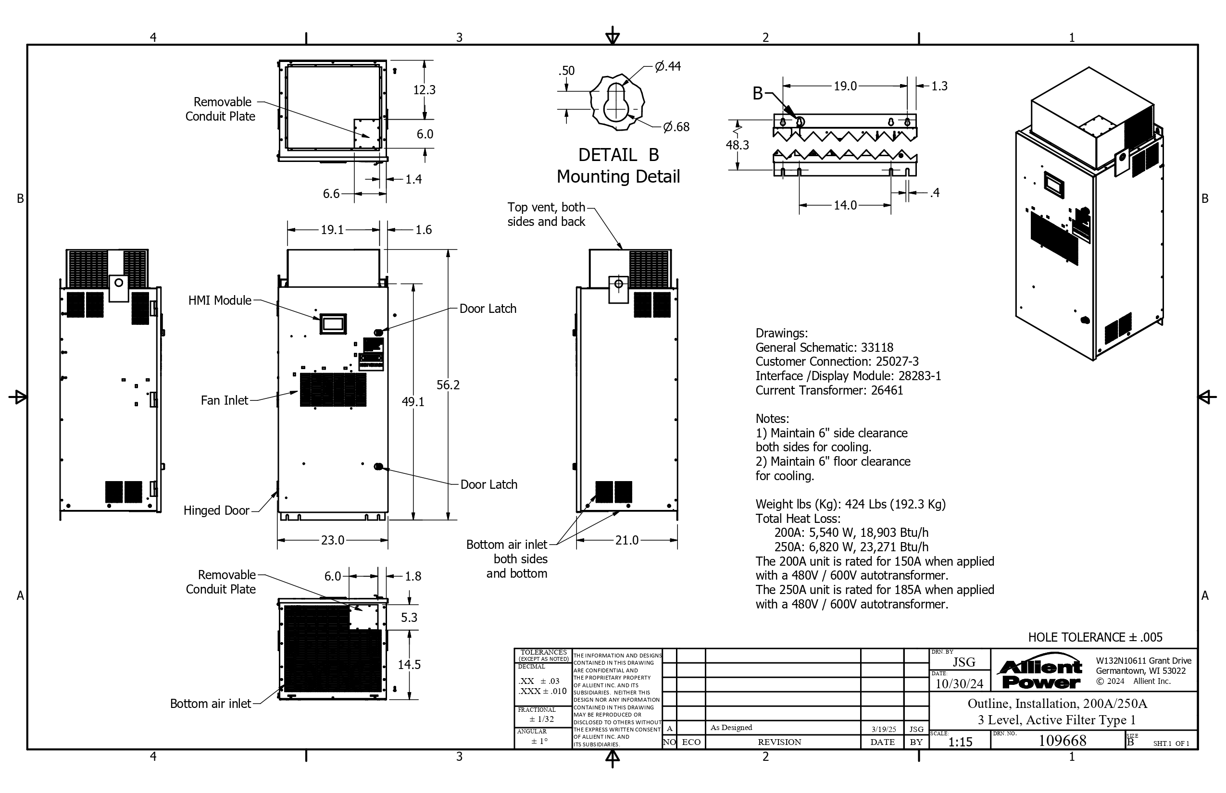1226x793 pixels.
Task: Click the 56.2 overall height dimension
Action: [448, 384]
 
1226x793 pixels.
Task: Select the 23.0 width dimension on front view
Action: [333, 540]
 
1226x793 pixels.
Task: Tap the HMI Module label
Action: [220, 300]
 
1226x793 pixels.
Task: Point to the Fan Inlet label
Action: [225, 400]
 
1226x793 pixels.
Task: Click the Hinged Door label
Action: [216, 510]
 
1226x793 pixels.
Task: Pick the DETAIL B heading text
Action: [619, 154]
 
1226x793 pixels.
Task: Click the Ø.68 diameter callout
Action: [676, 127]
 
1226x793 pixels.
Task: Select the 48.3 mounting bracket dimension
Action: [737, 145]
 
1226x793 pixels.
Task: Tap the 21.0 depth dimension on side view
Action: [627, 540]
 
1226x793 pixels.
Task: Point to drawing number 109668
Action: [1062, 741]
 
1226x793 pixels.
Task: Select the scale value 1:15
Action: [960, 742]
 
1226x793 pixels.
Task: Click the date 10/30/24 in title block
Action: [959, 684]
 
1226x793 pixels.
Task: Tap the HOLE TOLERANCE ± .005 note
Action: [1095, 637]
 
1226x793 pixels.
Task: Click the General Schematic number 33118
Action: [877, 347]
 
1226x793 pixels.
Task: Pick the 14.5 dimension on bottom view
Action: [409, 665]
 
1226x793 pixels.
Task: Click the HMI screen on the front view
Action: [333, 323]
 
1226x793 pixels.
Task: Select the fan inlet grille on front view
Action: [333, 390]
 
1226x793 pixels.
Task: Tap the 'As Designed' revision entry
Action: [731, 728]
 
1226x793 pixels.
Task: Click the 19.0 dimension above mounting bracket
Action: [845, 86]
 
